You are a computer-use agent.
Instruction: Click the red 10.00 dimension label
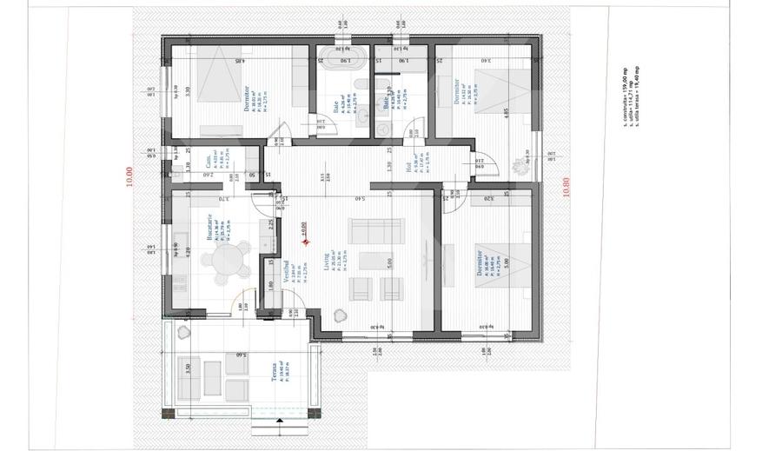click(129, 177)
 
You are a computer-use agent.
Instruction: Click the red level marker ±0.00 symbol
click(306, 242)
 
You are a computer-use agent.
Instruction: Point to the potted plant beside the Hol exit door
click(523, 162)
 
